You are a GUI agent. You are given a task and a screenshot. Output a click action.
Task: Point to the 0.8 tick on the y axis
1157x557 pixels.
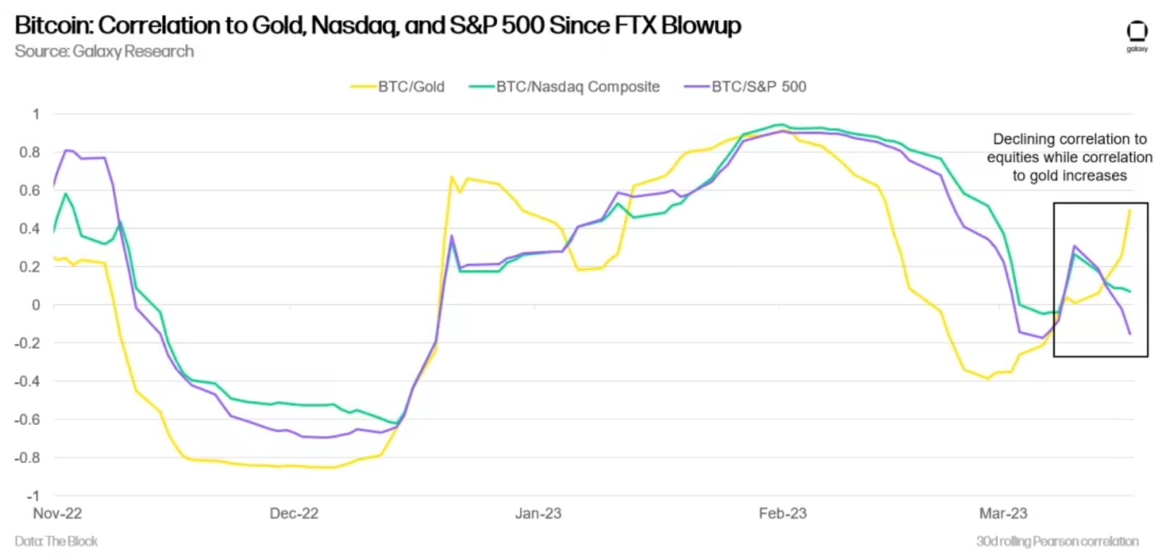coord(31,152)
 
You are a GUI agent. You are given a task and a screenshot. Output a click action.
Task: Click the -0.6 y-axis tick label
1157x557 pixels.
coord(28,419)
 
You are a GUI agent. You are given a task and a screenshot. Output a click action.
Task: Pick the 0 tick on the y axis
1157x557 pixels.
coord(36,305)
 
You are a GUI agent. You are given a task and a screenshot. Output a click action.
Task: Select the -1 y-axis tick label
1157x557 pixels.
coord(32,496)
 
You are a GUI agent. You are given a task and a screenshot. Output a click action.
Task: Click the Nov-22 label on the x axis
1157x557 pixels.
coord(57,513)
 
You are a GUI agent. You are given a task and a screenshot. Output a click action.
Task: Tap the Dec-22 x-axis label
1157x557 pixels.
coord(294,513)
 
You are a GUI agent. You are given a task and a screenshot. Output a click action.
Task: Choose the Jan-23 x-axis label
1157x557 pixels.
coord(538,513)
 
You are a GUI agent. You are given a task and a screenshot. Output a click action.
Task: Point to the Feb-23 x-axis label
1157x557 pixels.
coord(782,513)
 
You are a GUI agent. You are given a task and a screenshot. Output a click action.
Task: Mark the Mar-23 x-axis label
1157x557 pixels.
coord(1003,513)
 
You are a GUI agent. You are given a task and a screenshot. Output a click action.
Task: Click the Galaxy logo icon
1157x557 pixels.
coord(1137,33)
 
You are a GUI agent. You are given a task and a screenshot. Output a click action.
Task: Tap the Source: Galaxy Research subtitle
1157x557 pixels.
coord(104,52)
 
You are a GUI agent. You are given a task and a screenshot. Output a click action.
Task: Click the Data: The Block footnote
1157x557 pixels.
coord(56,541)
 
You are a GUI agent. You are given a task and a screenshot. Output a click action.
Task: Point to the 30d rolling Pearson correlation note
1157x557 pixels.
coord(1057,541)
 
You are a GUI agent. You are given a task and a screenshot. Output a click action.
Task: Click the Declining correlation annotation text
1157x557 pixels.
coord(1069,157)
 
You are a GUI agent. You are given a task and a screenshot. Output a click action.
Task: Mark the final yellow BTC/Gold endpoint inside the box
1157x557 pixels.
coord(1129,210)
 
